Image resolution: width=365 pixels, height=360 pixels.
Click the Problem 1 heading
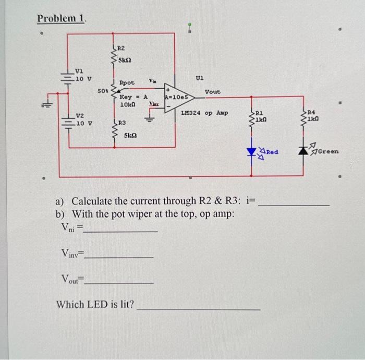pyautogui.click(x=62, y=18)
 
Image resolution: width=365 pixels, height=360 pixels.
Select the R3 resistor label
pyautogui.click(x=121, y=123)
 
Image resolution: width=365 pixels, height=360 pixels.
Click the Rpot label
pyautogui.click(x=127, y=83)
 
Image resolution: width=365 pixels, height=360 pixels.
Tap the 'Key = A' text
pyautogui.click(x=133, y=97)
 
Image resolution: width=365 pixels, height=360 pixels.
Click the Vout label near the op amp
pyautogui.click(x=213, y=92)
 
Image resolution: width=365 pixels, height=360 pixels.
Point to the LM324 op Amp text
pyautogui.click(x=204, y=112)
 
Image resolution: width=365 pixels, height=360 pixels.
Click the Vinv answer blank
pyautogui.click(x=122, y=257)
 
